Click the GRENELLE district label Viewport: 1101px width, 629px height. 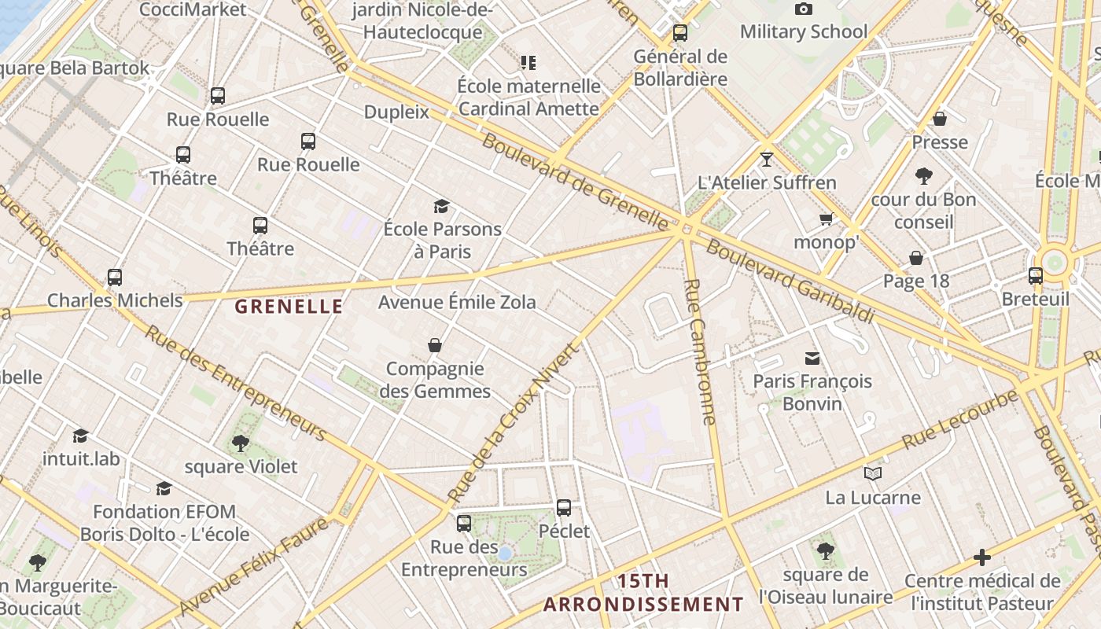(289, 307)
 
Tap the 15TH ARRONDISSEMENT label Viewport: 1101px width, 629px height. (643, 593)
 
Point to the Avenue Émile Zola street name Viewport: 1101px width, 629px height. (457, 302)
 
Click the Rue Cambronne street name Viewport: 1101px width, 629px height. (700, 351)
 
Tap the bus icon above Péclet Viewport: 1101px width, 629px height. (564, 508)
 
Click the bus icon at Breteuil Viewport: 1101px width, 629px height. (1036, 276)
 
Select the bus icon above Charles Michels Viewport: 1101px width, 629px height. (115, 278)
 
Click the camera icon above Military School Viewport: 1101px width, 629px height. (803, 9)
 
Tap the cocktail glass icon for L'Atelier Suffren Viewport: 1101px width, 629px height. (767, 160)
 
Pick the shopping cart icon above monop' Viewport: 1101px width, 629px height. (826, 219)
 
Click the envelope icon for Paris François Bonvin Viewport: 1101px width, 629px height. (812, 359)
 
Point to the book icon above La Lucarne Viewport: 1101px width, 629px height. (872, 473)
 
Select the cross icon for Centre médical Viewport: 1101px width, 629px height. (982, 557)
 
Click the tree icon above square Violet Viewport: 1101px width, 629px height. (241, 443)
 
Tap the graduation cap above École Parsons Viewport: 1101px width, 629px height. (442, 206)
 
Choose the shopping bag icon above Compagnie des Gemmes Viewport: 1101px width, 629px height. (435, 345)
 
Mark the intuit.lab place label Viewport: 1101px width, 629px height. (82, 458)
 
